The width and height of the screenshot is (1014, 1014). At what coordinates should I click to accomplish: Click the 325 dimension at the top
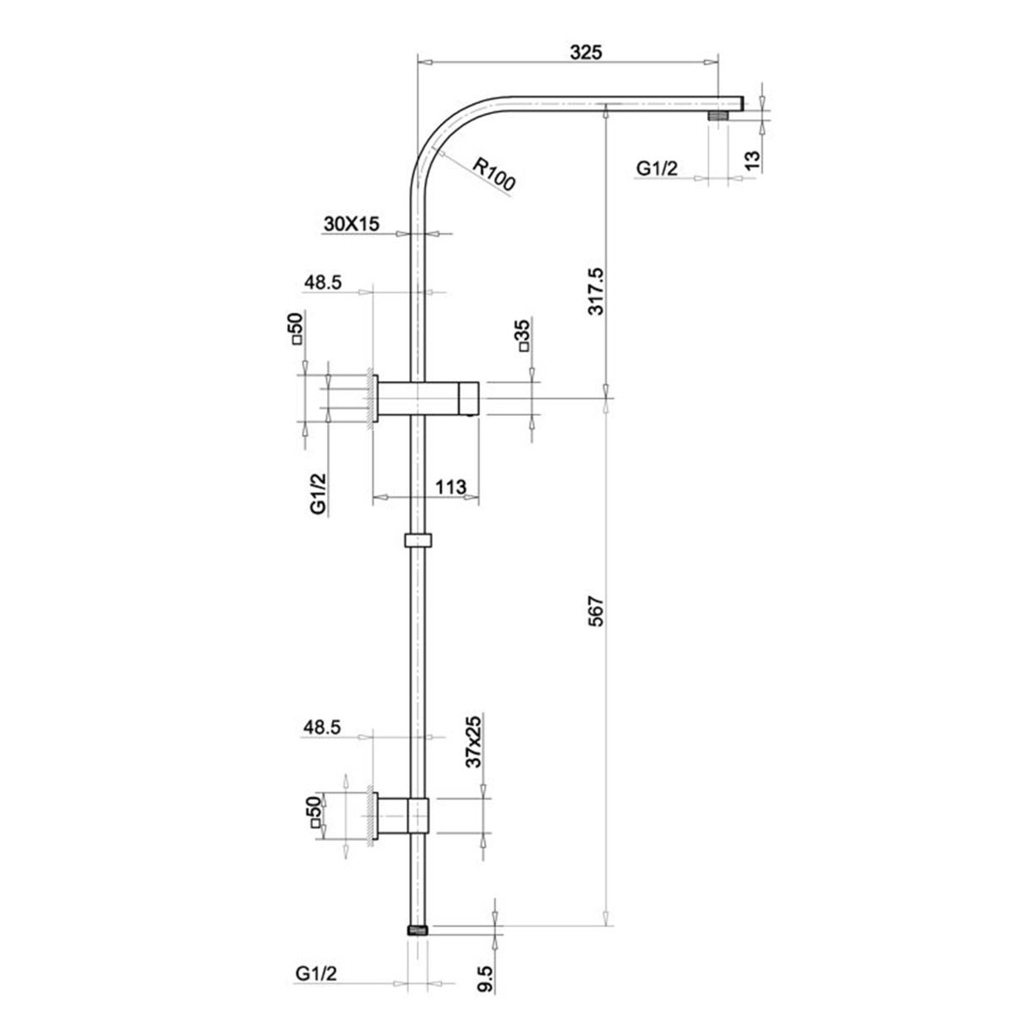pos(585,52)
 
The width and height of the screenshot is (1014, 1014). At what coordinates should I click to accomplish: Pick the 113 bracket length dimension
pos(451,487)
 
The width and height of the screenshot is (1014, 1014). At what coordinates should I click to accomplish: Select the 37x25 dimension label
pos(473,741)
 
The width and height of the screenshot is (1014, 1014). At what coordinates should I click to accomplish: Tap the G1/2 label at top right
pos(657,169)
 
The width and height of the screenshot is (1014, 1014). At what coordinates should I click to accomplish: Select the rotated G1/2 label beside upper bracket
pos(319,493)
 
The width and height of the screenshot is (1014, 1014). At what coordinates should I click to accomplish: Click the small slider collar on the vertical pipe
pos(418,540)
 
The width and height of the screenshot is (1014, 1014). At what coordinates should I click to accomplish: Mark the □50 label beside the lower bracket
pos(314,811)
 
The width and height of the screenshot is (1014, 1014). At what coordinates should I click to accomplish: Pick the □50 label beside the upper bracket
pos(295,328)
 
